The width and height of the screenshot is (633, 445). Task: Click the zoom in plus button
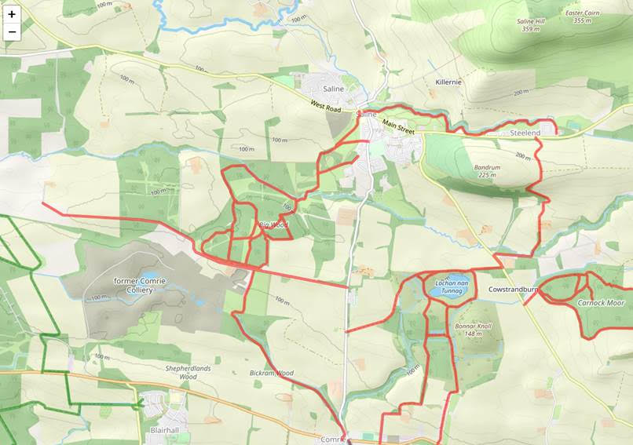coord(12,14)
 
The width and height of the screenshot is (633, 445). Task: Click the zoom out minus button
coord(12,31)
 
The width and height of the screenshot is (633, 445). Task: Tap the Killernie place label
coord(448,82)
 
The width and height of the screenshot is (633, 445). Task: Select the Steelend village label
coord(525,133)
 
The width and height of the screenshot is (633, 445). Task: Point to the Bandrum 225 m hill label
coord(486,171)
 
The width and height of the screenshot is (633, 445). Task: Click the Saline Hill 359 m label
coord(531,25)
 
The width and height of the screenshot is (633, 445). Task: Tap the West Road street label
coord(327,104)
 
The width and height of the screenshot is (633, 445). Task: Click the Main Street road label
coord(398,123)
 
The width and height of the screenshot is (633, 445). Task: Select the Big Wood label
coord(273,225)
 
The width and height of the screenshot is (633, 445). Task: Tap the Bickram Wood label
coord(271,373)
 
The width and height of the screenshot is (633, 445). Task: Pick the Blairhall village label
coord(166,430)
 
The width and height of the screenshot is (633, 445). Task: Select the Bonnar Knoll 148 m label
coord(472,330)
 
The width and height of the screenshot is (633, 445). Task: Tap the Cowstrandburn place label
coord(512,290)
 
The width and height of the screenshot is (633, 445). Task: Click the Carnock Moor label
coord(601,302)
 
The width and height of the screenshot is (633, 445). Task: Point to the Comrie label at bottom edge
coord(333,440)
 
